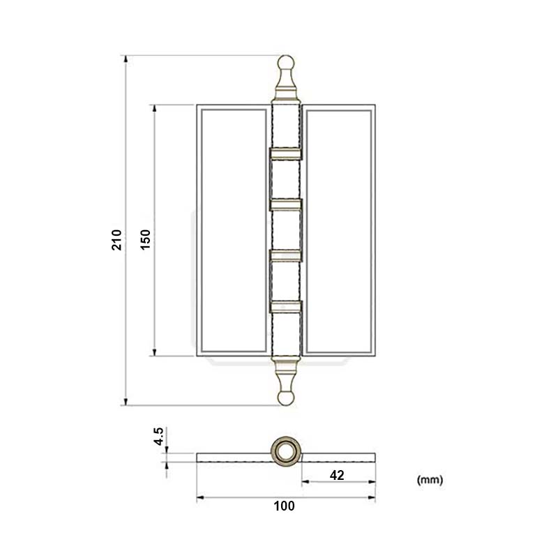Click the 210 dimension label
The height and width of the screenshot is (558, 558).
pos(117,239)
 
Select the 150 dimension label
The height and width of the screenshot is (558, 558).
pos(145,239)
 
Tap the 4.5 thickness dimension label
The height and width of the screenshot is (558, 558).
pos(159,437)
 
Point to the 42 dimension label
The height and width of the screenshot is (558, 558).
pos(337,475)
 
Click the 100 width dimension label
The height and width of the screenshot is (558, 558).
pos(285,506)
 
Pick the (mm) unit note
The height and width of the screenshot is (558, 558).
pos(430,480)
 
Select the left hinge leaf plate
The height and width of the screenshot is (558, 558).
pos(232,230)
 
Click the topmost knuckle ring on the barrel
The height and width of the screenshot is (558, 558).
pos(285,153)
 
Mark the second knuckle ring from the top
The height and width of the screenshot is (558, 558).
pos(285,204)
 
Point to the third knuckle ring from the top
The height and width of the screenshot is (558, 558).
pos(285,255)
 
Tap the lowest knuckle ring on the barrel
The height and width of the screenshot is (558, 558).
pos(285,306)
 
